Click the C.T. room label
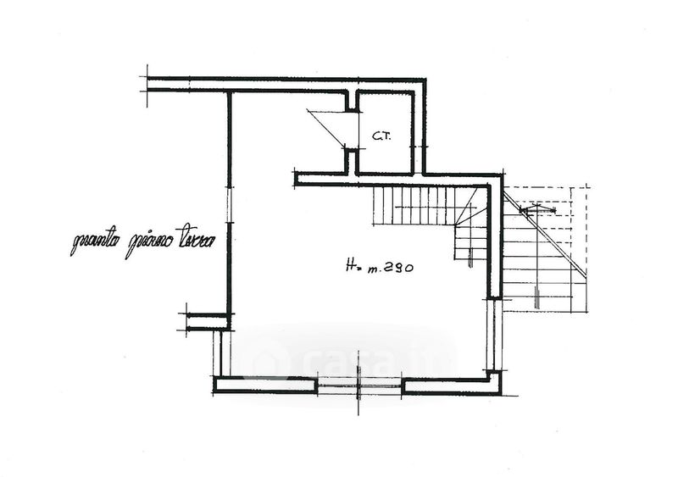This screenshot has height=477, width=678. point(380,136)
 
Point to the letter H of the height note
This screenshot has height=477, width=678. point(351,267)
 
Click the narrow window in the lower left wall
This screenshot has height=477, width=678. point(223,353)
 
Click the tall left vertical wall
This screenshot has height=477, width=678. point(229,203)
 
